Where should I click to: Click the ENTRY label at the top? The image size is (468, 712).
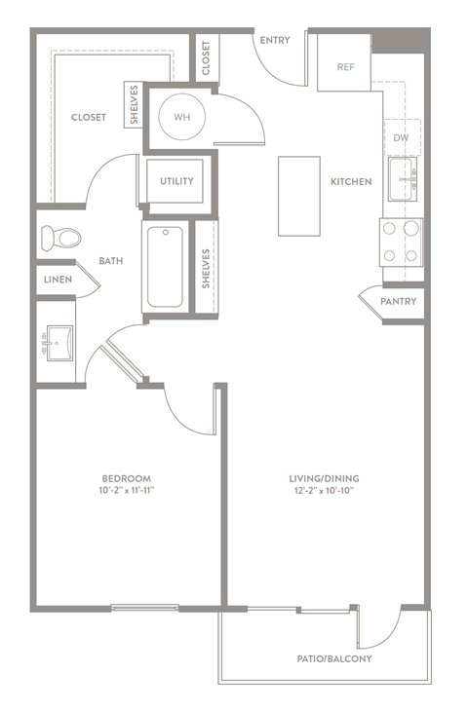click(273, 40)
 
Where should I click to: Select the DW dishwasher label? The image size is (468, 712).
click(401, 138)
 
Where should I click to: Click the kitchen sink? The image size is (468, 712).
click(402, 178)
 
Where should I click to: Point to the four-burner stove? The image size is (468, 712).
click(401, 242)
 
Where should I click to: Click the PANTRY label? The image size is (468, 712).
click(398, 302)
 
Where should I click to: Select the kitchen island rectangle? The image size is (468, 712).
click(298, 195)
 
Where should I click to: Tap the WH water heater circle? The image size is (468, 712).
click(181, 117)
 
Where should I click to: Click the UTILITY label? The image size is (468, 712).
click(176, 181)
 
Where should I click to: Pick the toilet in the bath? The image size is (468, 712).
click(60, 237)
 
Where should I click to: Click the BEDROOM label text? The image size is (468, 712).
click(127, 478)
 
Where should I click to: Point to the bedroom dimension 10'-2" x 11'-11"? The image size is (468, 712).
click(127, 492)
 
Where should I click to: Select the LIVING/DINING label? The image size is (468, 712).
click(324, 478)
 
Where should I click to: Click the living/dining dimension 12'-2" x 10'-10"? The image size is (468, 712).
click(324, 492)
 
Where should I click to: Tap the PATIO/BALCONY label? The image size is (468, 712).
click(334, 658)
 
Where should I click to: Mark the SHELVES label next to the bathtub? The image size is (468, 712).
click(206, 267)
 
